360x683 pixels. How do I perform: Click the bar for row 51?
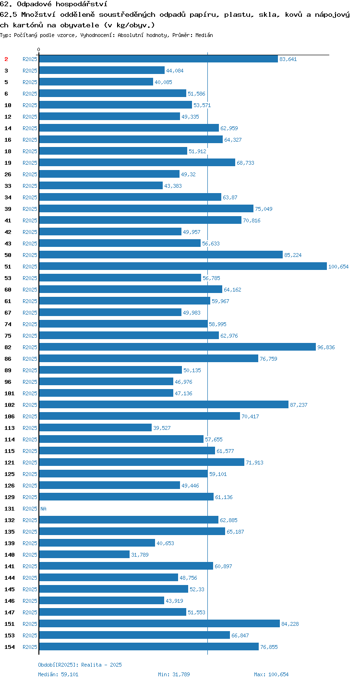coord(183,267)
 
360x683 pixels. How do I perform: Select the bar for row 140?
coord(84,555)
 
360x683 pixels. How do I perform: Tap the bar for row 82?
coord(178,347)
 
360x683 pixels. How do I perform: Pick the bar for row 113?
coord(96,428)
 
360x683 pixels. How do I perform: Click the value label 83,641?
coord(288,59)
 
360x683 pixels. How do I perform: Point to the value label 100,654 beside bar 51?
coord(338,267)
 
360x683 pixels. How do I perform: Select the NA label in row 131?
coord(43,509)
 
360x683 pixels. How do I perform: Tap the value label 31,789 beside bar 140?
coord(140,555)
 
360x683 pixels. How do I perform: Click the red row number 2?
coord(6,59)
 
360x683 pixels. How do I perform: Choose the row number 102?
coord(10,405)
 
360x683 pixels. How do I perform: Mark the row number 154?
coord(10,647)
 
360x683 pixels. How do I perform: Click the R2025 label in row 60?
coord(30,290)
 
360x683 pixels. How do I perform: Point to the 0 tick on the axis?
coord(39,49)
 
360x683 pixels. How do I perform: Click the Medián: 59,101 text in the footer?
coord(58,674)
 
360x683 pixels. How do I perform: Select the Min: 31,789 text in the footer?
coord(174,674)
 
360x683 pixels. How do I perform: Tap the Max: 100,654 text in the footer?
coord(271,674)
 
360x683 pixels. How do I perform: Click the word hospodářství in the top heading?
coord(82,4)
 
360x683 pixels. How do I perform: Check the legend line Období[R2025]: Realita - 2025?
coord(80,665)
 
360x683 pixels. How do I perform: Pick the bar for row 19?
coord(137,163)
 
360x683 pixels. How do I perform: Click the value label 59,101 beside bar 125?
coord(218,474)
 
